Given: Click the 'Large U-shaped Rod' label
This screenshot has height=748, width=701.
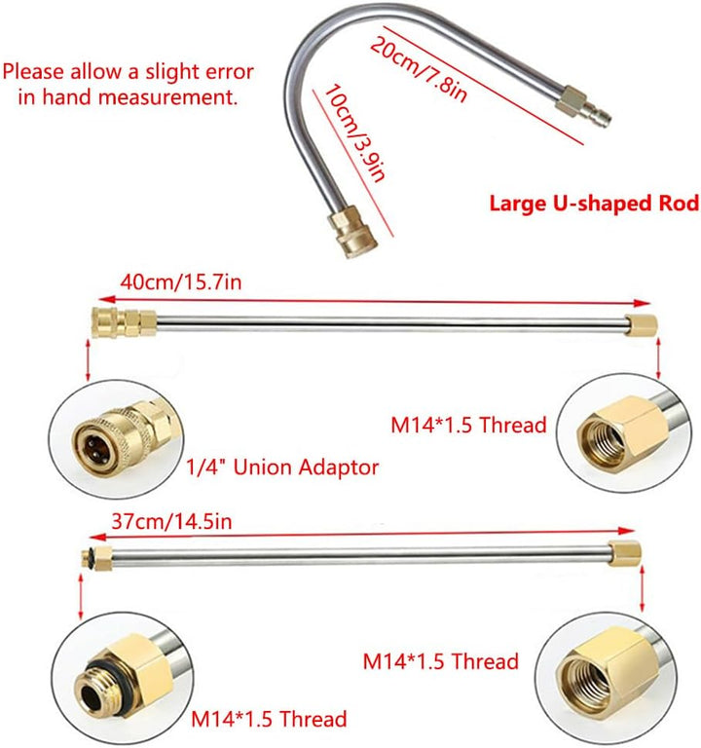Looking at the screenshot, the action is click(594, 204).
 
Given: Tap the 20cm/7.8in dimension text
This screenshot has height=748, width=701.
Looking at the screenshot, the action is click(419, 70).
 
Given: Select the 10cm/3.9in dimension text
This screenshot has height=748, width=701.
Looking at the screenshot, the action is click(354, 133).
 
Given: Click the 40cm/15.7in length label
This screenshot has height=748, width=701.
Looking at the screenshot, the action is click(181, 281).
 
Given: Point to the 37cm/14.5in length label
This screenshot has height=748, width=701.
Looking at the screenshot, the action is click(171, 521).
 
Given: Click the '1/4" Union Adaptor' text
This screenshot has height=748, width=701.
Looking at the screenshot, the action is click(281, 467).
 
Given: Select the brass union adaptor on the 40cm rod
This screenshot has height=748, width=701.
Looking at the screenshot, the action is click(124, 322).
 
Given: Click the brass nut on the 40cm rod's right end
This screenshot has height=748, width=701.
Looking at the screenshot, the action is click(642, 325).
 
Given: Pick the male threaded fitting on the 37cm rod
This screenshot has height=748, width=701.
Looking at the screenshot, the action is click(96, 558).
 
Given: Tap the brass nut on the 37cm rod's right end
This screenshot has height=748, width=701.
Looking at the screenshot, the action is click(625, 553).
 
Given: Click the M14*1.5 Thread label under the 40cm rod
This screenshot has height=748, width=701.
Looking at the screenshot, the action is click(468, 425).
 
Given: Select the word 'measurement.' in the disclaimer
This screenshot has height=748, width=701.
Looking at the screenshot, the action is click(168, 96).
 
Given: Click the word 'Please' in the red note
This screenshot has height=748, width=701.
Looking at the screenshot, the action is click(33, 72).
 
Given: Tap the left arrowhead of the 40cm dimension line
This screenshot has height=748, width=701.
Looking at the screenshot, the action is click(107, 300).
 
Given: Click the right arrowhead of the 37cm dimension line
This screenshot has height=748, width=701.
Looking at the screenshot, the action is click(625, 531).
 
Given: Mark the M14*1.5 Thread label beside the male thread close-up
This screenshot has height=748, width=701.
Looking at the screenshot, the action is click(269, 719).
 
